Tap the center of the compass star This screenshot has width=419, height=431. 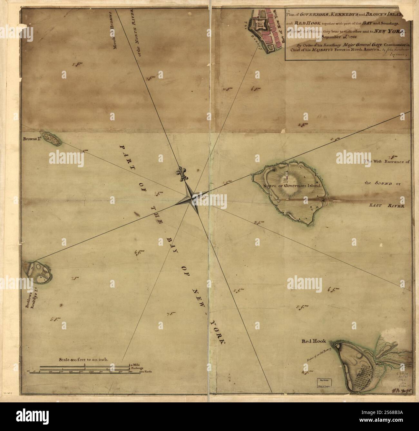pyautogui.click(x=191, y=195)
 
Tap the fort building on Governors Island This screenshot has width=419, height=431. pyautogui.click(x=286, y=176)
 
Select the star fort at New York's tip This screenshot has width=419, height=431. pyautogui.click(x=260, y=24)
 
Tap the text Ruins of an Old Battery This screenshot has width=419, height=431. pyautogui.click(x=317, y=355)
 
